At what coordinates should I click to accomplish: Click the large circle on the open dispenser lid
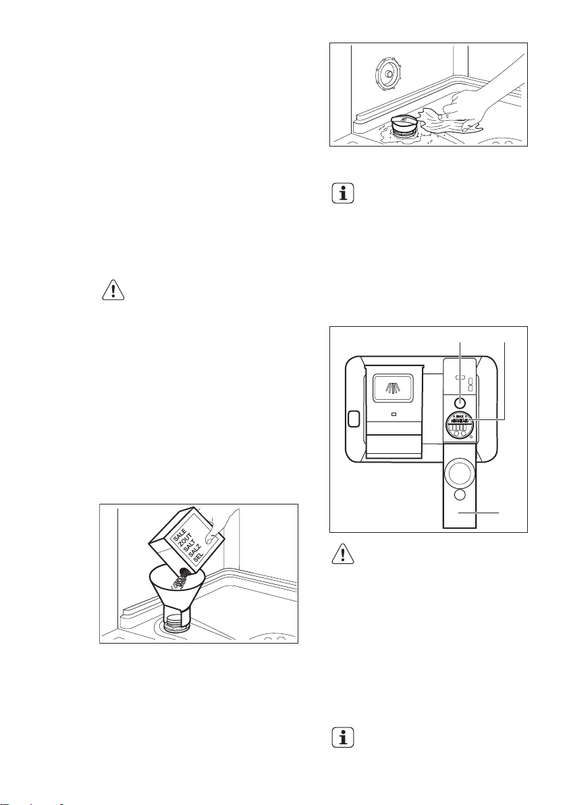pos(460,470)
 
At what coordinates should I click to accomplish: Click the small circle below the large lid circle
pos(460,496)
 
